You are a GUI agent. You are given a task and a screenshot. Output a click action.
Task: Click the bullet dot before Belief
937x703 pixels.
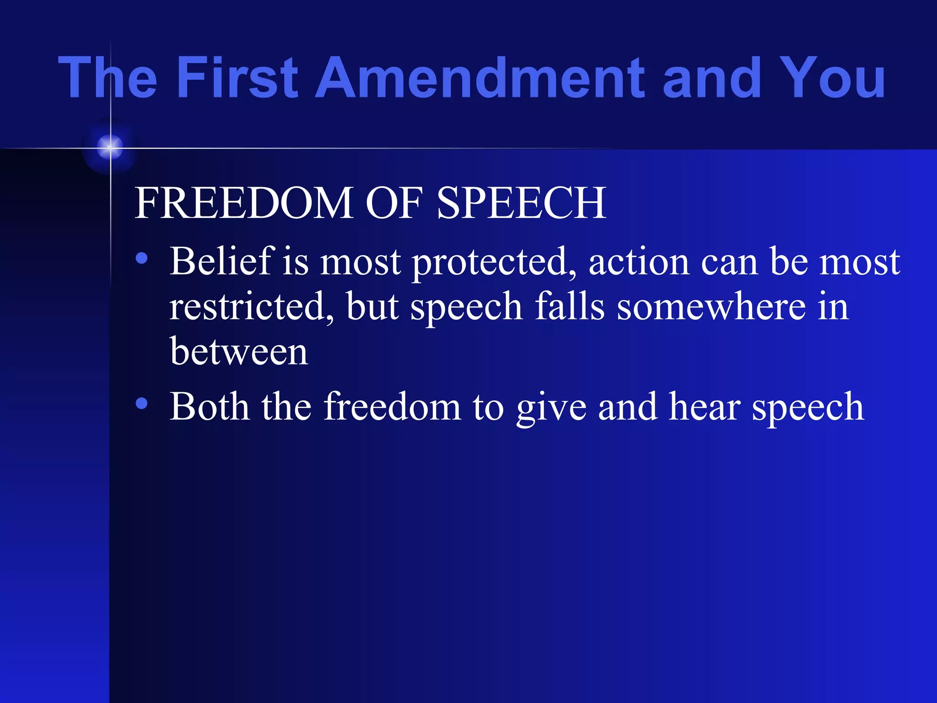142,259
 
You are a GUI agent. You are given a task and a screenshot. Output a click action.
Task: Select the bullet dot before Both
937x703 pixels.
142,403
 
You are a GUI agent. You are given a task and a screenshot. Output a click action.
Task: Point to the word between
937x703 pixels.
238,352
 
